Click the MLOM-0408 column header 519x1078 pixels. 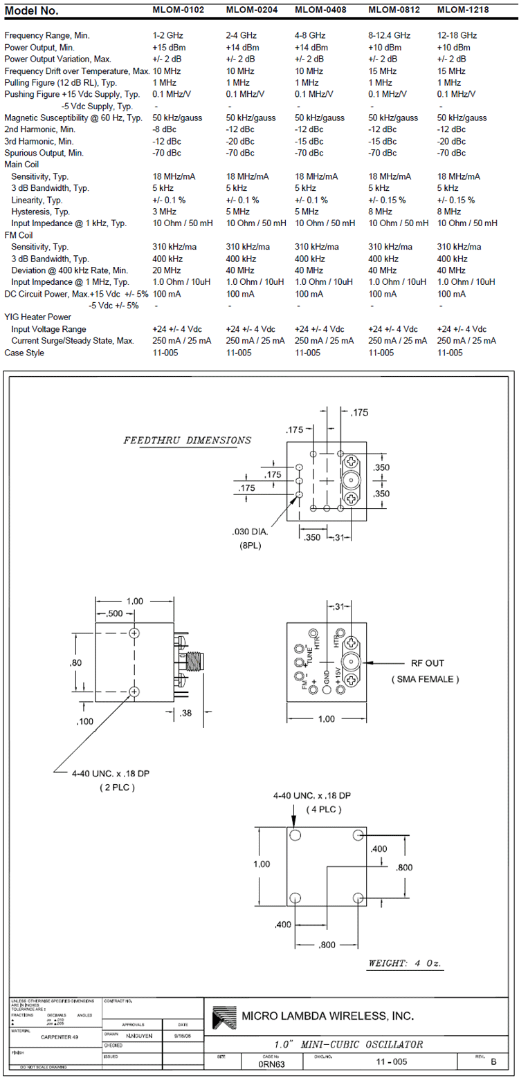321,10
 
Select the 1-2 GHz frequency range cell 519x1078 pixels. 167,35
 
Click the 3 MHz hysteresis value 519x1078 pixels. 165,212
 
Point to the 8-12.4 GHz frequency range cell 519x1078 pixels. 390,35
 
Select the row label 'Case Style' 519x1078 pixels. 24,353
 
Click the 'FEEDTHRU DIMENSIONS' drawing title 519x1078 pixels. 187,440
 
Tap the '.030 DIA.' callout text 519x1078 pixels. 250,532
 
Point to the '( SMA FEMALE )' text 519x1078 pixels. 426,679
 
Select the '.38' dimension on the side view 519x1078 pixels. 185,713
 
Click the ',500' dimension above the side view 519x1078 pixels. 115,614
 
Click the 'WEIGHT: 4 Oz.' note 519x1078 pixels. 406,963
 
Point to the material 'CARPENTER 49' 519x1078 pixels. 60,1037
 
